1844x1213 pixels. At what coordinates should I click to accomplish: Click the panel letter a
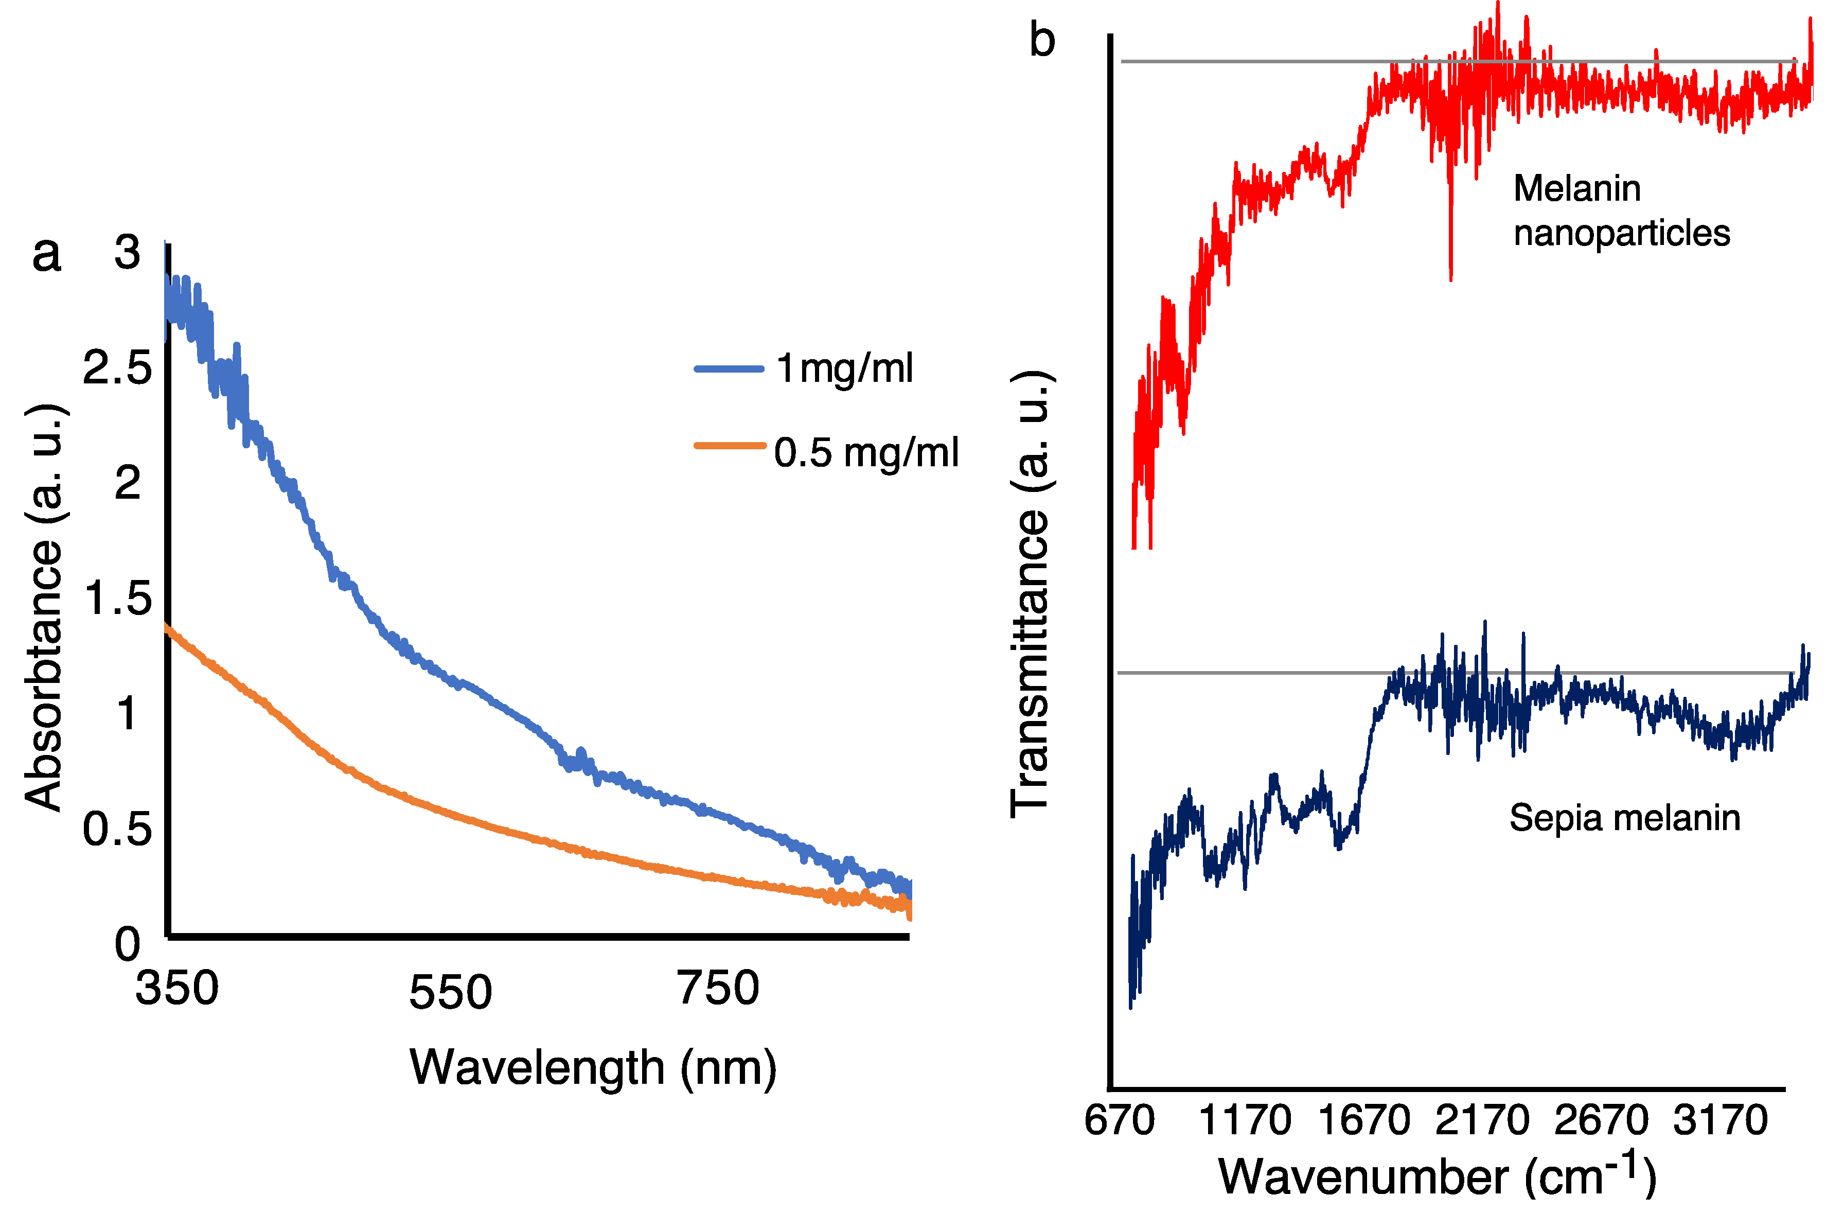point(46,254)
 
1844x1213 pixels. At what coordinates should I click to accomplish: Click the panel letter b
point(1042,40)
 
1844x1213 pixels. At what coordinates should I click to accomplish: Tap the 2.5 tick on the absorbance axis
point(118,367)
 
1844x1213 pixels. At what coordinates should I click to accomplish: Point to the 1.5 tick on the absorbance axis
point(118,599)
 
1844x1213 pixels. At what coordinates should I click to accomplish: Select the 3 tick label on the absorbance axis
point(127,253)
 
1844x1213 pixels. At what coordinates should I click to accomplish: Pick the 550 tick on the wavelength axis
point(450,992)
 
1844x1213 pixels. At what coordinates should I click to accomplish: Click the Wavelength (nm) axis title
point(593,1068)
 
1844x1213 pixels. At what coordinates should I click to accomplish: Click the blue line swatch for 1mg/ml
point(729,369)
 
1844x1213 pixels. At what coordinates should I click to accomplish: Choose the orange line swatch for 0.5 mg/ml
point(729,445)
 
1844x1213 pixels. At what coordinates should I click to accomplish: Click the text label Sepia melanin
point(1624,818)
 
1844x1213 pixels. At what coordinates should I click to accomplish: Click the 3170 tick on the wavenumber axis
point(1719,1120)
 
